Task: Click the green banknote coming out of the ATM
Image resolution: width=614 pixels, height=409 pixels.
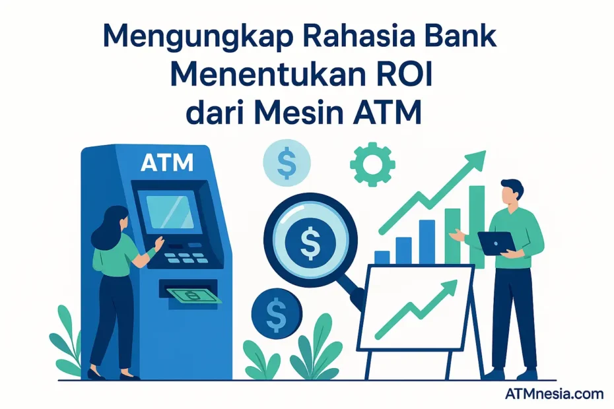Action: tap(193, 296)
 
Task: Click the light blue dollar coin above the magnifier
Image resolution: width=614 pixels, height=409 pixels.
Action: tap(286, 162)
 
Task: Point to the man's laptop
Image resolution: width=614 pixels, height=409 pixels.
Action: tap(496, 243)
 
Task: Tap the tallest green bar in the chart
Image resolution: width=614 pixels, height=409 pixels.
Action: tap(477, 224)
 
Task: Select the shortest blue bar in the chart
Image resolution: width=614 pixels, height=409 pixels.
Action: tap(382, 257)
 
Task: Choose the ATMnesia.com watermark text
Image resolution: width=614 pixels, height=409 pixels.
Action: tap(554, 394)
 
